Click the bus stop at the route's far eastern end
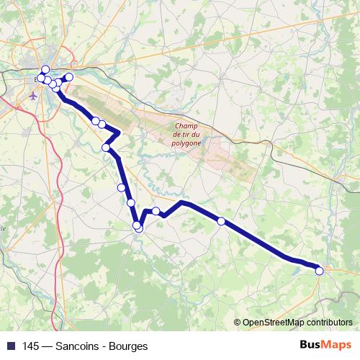(x=320, y=270)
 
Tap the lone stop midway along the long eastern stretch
(x=221, y=221)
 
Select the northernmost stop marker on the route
(x=45, y=70)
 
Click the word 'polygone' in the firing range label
(x=187, y=143)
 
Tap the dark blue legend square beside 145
(x=10, y=346)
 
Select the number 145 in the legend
(x=30, y=346)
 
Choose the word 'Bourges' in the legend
(x=129, y=346)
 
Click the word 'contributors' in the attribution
(x=330, y=323)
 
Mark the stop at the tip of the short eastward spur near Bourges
(x=69, y=77)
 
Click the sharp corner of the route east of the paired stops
(x=118, y=133)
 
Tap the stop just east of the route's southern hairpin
(x=156, y=211)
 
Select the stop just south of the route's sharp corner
(x=107, y=148)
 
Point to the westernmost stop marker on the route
(x=40, y=78)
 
